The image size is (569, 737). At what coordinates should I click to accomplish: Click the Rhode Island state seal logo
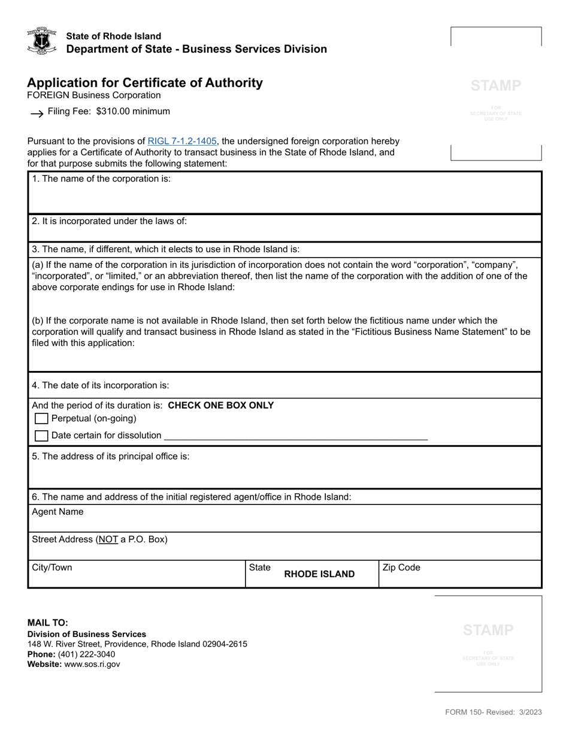point(41,41)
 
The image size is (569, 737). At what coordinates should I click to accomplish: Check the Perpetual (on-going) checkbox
point(41,419)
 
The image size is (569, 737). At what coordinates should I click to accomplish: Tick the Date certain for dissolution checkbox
point(41,436)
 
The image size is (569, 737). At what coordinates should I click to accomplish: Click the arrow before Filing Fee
point(37,113)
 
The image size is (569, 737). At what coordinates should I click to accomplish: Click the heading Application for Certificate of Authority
point(144,83)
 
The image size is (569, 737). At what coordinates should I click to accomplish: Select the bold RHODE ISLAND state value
point(319,574)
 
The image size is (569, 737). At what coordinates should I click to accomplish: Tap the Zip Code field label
point(401,567)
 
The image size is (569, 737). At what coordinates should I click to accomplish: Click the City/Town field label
point(52,567)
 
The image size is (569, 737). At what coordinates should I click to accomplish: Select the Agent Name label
point(57,512)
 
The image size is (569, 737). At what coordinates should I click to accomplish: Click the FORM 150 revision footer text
point(493,712)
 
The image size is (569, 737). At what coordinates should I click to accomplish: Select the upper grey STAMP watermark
point(496,86)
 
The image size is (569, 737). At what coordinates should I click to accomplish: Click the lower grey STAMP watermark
point(488,630)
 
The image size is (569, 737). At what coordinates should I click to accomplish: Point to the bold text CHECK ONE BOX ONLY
point(221,405)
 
